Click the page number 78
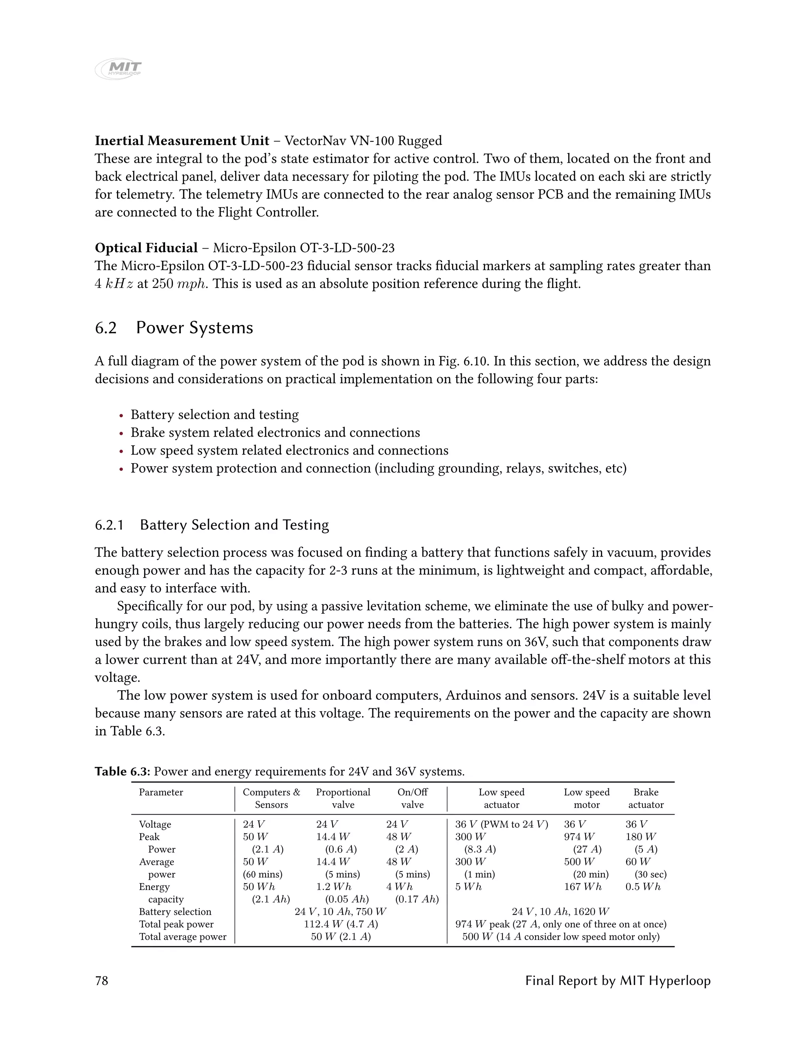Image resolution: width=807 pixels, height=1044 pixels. (x=101, y=981)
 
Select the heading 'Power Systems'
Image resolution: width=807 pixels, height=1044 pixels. (x=194, y=328)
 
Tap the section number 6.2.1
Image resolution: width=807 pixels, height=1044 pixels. (x=109, y=525)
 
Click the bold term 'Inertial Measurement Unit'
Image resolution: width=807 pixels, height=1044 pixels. (x=182, y=141)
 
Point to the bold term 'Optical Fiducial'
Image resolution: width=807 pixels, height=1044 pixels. (x=146, y=248)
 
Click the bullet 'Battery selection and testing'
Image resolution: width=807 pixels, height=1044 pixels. (x=215, y=414)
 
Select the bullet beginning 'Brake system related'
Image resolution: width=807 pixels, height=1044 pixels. (x=275, y=433)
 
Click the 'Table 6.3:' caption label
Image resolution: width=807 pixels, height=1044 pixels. (x=123, y=771)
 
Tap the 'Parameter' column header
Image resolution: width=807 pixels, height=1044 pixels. (x=161, y=792)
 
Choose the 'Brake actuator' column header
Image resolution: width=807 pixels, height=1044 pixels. (x=645, y=798)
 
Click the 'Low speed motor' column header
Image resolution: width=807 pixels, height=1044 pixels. (x=587, y=798)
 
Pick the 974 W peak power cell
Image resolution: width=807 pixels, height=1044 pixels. (x=579, y=836)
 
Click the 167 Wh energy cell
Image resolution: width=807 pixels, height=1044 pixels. (x=582, y=887)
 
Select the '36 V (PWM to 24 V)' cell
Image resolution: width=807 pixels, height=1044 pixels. (x=502, y=824)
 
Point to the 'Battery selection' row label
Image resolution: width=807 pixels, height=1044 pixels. (x=175, y=912)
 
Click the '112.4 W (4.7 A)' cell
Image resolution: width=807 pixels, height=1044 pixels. (x=341, y=924)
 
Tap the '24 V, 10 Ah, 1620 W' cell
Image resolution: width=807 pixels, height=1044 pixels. (x=560, y=912)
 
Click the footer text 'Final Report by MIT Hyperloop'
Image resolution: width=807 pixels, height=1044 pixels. (x=618, y=981)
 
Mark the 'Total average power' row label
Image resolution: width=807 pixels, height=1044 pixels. (x=182, y=936)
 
